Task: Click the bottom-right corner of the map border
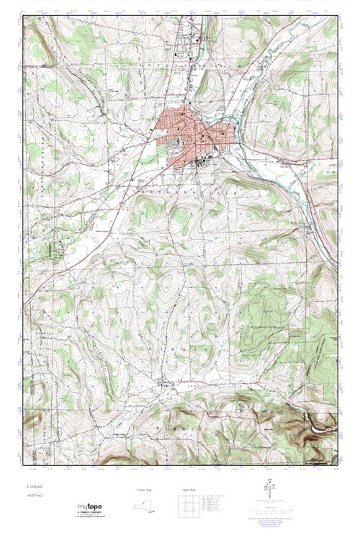click(x=337, y=464)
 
